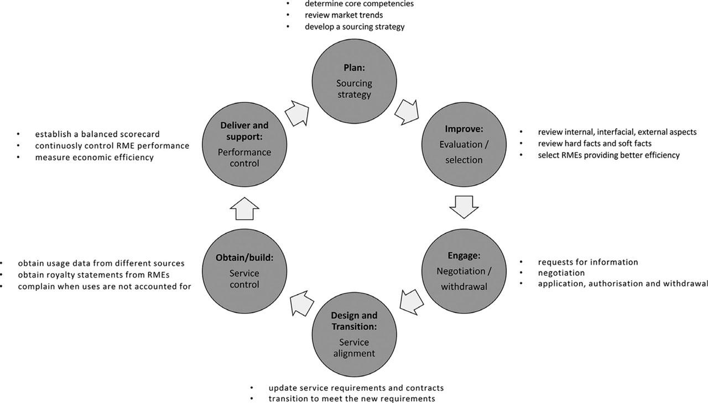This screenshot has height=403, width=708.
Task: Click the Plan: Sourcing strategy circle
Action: pyautogui.click(x=355, y=83)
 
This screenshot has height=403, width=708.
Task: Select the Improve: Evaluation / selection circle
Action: pyautogui.click(x=464, y=144)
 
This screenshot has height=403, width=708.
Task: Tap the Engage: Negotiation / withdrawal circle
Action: pyautogui.click(x=464, y=271)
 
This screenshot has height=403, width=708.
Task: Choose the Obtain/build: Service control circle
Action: pyautogui.click(x=244, y=271)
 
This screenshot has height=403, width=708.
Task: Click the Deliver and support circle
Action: pyautogui.click(x=244, y=144)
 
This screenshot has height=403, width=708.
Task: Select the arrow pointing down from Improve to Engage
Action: pyautogui.click(x=464, y=207)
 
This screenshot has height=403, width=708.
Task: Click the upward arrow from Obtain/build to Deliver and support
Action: pyautogui.click(x=244, y=209)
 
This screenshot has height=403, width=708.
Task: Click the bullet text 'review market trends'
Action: pyautogui.click(x=343, y=15)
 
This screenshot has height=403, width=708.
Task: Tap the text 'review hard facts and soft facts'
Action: pyautogui.click(x=595, y=144)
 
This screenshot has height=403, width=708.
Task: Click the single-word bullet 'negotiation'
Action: pyautogui.click(x=561, y=273)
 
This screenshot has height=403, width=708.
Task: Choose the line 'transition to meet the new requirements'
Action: pyautogui.click(x=352, y=399)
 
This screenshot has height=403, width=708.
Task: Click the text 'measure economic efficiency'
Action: pyautogui.click(x=94, y=158)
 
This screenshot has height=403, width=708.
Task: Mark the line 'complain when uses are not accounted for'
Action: pyautogui.click(x=105, y=286)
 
